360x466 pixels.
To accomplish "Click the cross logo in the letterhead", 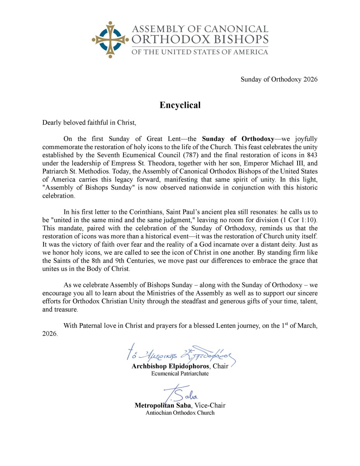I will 110,39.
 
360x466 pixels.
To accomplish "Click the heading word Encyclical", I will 180,105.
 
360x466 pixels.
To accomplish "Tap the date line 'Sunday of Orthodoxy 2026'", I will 279,80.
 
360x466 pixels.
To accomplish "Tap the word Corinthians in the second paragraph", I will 141,213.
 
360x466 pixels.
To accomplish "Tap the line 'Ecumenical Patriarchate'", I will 180,374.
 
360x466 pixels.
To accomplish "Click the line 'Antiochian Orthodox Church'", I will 180,413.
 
